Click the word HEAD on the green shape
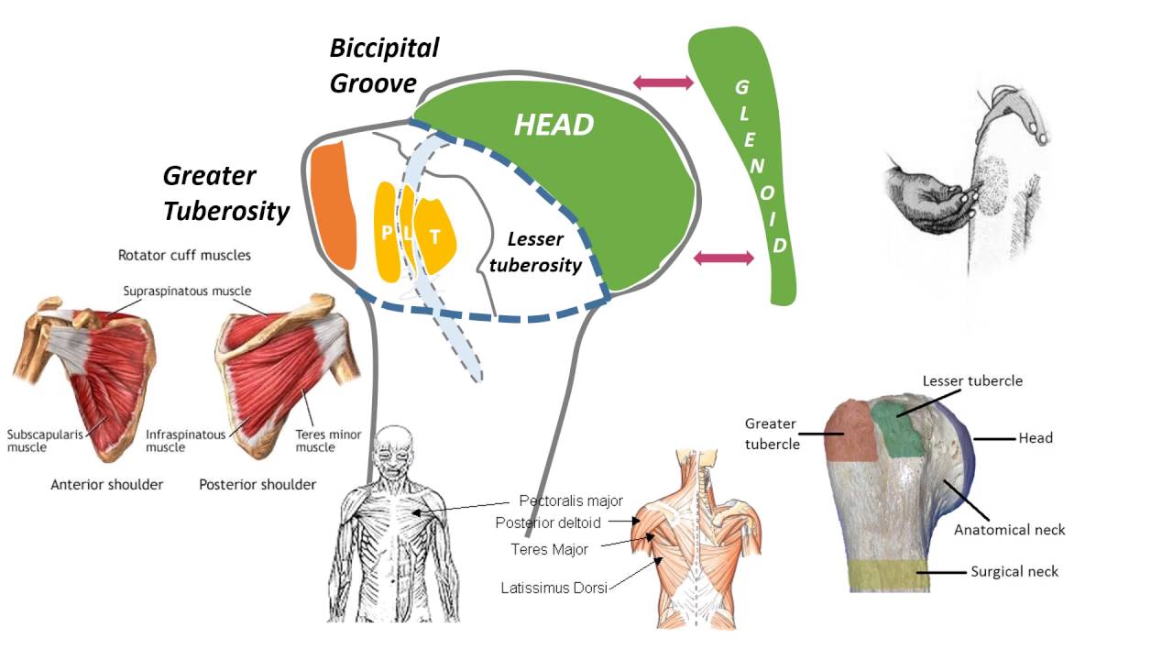pyautogui.click(x=554, y=126)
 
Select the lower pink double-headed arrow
pyautogui.click(x=724, y=258)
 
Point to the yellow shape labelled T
pyautogui.click(x=435, y=235)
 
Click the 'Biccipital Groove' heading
pyautogui.click(x=384, y=65)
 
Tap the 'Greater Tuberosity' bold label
pyautogui.click(x=225, y=193)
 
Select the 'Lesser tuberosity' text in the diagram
pyautogui.click(x=545, y=252)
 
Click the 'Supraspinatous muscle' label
pyautogui.click(x=187, y=291)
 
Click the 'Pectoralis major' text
pyautogui.click(x=570, y=501)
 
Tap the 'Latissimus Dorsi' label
pyautogui.click(x=554, y=588)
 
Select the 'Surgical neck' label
pyautogui.click(x=1014, y=572)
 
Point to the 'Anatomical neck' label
pyautogui.click(x=1009, y=530)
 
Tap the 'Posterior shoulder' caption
pyautogui.click(x=258, y=484)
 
